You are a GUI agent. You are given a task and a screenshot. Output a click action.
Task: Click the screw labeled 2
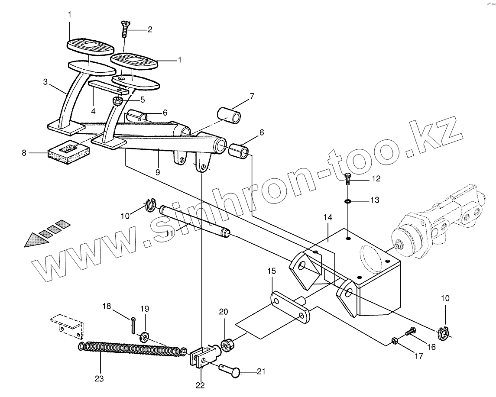tap(123, 27)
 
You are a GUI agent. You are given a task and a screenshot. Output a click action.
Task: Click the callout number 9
tap(158, 172)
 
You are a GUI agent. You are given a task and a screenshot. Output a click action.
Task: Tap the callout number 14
tap(327, 216)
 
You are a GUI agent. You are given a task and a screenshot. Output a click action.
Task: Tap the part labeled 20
tap(227, 345)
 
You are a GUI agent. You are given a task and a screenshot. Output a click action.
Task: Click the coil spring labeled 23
tap(130, 349)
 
